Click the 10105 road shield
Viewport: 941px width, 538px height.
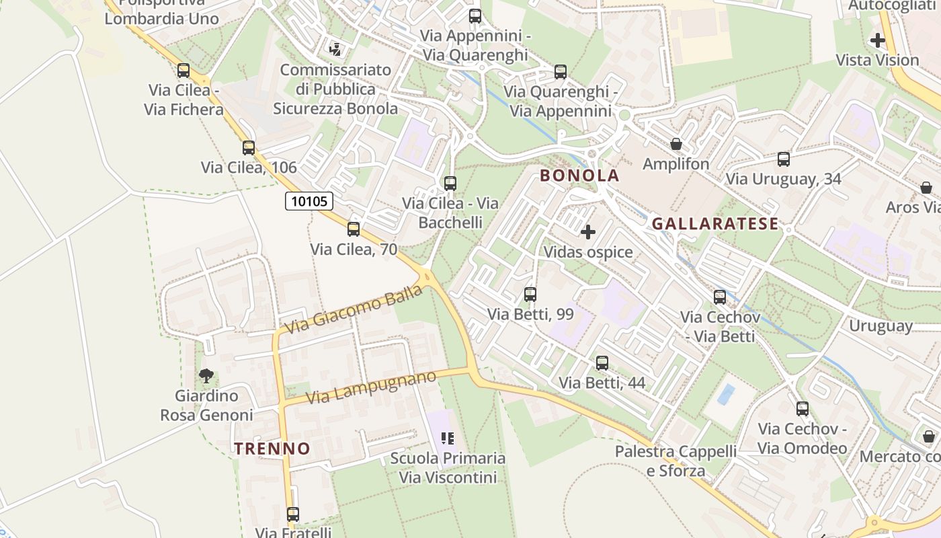[309, 201]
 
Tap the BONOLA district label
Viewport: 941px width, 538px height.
[579, 176]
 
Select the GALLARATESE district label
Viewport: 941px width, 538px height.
[715, 224]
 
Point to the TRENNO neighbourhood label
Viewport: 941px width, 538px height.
[272, 449]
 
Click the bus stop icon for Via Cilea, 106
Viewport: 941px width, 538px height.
[249, 148]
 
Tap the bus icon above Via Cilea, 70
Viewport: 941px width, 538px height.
[354, 229]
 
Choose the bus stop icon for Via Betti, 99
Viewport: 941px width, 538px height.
[530, 294]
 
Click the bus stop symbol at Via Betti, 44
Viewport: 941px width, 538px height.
[602, 363]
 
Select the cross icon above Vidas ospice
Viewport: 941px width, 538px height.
[588, 233]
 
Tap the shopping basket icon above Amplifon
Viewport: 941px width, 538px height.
[676, 145]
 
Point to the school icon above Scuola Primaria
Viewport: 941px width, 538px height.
[448, 438]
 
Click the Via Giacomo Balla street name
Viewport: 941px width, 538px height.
[354, 309]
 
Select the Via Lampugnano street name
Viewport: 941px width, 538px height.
[371, 387]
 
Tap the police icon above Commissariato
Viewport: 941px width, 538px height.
[335, 49]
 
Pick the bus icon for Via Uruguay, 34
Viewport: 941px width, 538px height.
[784, 159]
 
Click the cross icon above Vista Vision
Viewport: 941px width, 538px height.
[877, 40]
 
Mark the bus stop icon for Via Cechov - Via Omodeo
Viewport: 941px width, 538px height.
[803, 409]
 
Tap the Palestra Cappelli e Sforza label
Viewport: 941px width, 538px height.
[676, 461]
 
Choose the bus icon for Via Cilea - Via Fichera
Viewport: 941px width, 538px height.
[183, 71]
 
